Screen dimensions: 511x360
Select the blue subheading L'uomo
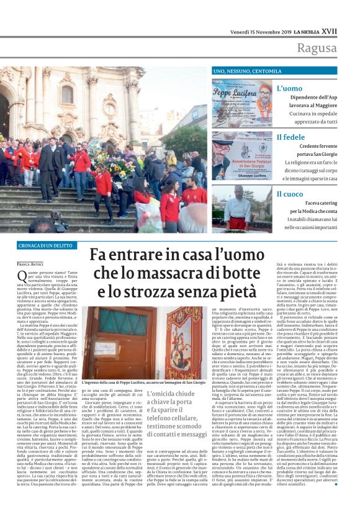289,89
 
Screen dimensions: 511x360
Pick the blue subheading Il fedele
290,137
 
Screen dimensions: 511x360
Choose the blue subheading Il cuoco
290,194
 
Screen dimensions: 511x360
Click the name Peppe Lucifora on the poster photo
235,90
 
